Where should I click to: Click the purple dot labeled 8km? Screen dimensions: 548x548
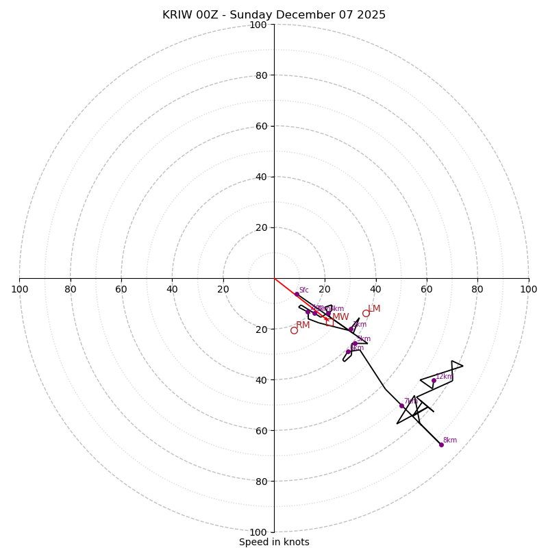pyautogui.click(x=441, y=445)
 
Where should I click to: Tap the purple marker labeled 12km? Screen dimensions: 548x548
pyautogui.click(x=434, y=380)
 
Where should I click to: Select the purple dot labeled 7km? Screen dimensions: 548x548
pyautogui.click(x=401, y=406)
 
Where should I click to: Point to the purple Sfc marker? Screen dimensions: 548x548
pyautogui.click(x=297, y=294)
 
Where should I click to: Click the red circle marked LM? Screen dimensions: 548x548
pyautogui.click(x=366, y=313)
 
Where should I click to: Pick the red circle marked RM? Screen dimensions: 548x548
pyautogui.click(x=294, y=330)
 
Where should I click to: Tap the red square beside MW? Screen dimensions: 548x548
pyautogui.click(x=326, y=318)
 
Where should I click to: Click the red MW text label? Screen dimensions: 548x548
pyautogui.click(x=340, y=317)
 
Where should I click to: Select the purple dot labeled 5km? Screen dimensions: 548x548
pyautogui.click(x=354, y=343)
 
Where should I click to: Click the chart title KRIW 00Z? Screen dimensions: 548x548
pyautogui.click(x=195, y=15)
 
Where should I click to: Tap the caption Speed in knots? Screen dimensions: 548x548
pyautogui.click(x=274, y=542)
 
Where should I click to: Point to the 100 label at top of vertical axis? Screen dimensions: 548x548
pyautogui.click(x=258, y=25)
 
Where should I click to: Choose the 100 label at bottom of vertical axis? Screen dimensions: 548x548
pyautogui.click(x=258, y=532)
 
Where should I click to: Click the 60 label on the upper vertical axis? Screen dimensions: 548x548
pyautogui.click(x=261, y=126)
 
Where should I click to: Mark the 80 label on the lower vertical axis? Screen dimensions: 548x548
pyautogui.click(x=261, y=482)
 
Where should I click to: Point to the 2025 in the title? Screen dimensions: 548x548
pyautogui.click(x=370, y=15)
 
